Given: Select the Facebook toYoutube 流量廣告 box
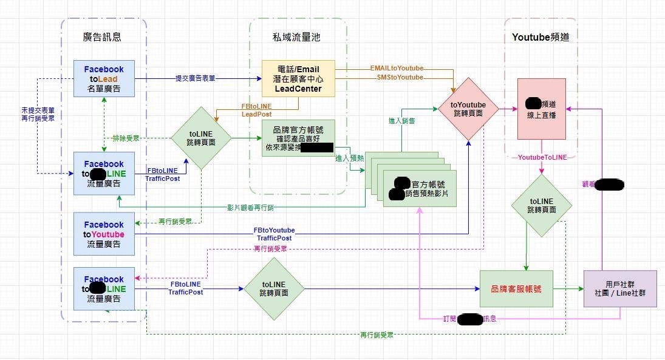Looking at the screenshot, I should (x=104, y=234).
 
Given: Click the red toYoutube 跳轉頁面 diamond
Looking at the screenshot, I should (x=468, y=109).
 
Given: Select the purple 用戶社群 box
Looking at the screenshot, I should (x=620, y=288).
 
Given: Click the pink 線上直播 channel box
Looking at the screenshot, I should (x=541, y=109).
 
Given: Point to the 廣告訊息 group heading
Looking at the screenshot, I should (x=102, y=36).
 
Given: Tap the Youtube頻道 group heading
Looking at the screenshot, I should (x=541, y=36).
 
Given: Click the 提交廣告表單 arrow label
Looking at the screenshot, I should (x=195, y=78).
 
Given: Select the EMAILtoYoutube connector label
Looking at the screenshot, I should (x=397, y=68).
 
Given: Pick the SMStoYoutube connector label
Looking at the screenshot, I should (x=397, y=77).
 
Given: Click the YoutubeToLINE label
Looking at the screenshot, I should (x=542, y=157).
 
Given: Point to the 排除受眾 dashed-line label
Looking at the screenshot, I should (x=127, y=138).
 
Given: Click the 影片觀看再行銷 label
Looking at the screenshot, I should (x=250, y=208).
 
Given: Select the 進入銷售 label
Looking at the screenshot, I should (x=401, y=121).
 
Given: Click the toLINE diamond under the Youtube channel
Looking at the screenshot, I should (x=541, y=205).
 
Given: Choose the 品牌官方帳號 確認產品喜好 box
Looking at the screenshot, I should (x=298, y=138).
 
